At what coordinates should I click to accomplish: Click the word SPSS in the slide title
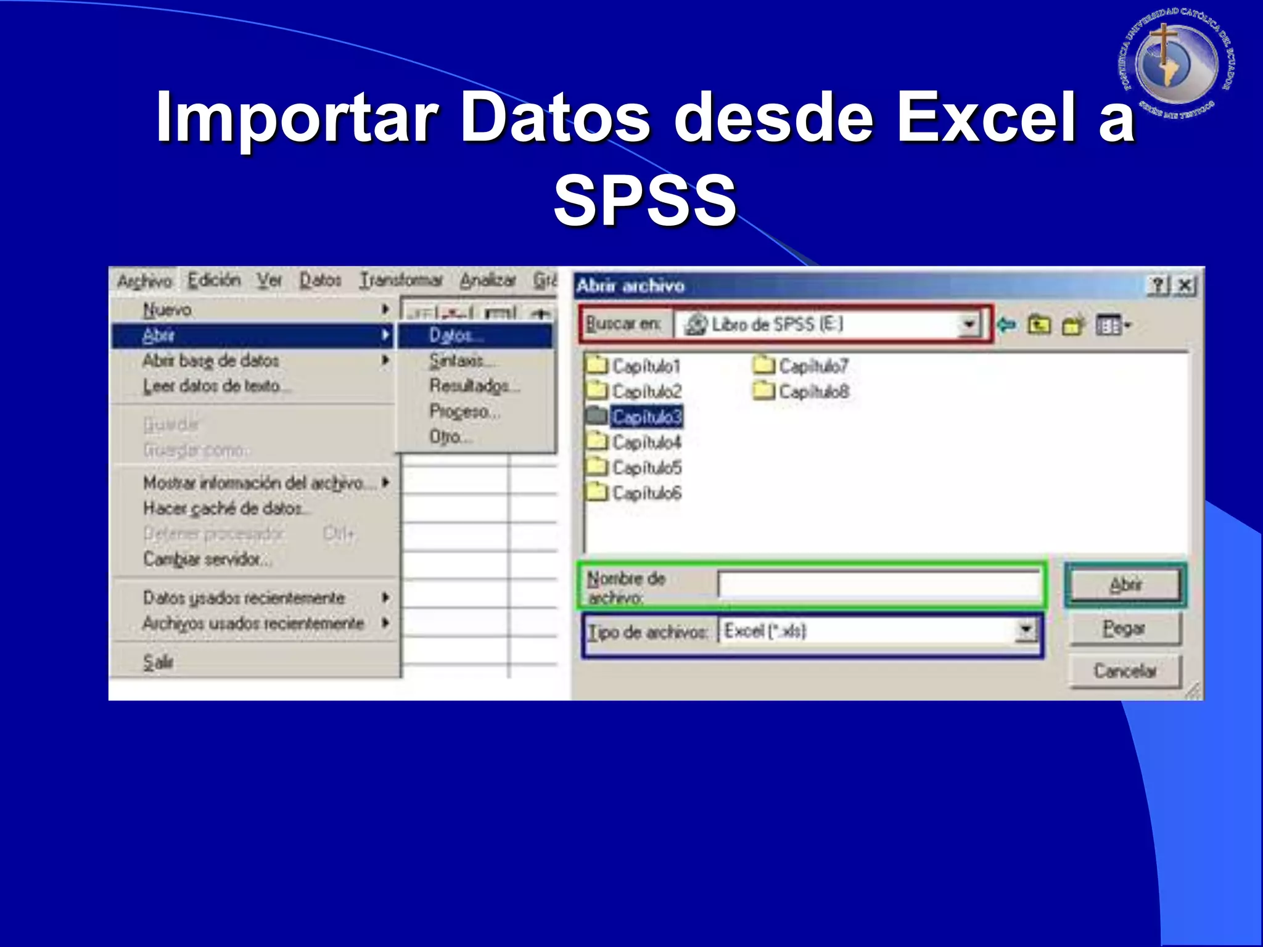click(x=645, y=200)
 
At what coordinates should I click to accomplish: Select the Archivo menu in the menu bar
click(x=145, y=281)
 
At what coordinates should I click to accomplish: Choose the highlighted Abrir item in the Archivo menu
click(x=158, y=335)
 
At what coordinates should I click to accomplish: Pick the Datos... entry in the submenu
click(x=456, y=335)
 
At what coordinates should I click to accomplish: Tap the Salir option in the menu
click(x=158, y=662)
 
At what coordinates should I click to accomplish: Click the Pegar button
click(x=1124, y=628)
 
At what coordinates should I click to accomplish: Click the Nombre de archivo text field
click(x=879, y=584)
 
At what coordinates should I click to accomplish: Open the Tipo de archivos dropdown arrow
click(x=1026, y=630)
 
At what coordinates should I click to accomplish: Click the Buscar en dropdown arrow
click(x=969, y=324)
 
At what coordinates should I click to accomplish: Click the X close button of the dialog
click(x=1185, y=285)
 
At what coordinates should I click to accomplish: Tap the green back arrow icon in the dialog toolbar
click(x=1007, y=325)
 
